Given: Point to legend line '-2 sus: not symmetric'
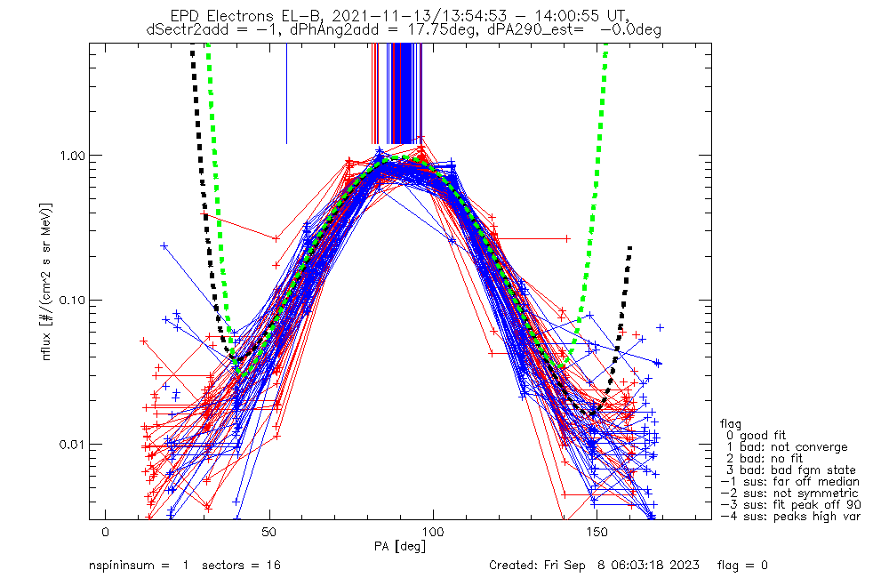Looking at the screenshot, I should point(790,494).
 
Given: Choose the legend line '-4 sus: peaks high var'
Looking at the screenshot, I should point(790,517).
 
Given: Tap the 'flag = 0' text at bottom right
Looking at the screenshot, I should point(742,566).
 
